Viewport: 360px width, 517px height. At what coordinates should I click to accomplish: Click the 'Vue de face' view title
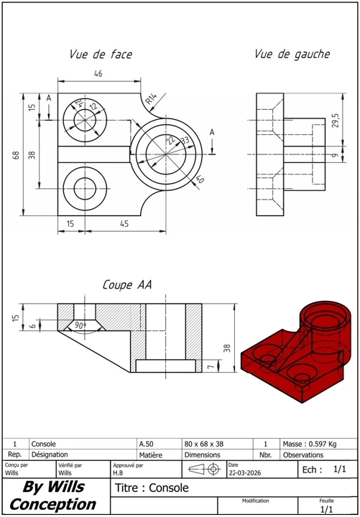tap(101, 55)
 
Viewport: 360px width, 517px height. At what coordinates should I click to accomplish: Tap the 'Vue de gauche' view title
tap(292, 55)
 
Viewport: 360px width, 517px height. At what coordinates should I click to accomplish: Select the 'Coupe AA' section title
tap(127, 284)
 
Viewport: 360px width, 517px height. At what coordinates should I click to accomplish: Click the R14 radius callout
tap(152, 98)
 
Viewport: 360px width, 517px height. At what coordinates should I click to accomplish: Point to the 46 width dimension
tap(98, 73)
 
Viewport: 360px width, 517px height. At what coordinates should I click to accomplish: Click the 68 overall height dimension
tap(16, 155)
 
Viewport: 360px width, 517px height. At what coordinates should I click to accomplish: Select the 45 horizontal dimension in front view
tap(124, 224)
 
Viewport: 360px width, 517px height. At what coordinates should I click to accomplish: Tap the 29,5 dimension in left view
tap(336, 119)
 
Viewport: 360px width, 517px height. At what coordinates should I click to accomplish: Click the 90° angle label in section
tap(80, 325)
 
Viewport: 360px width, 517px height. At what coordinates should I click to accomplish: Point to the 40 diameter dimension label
tap(198, 180)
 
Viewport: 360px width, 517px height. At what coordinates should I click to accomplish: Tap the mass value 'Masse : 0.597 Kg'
tap(310, 444)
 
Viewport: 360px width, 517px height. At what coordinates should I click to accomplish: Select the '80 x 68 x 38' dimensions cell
tap(204, 444)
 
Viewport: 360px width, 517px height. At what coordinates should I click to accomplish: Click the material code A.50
tap(146, 444)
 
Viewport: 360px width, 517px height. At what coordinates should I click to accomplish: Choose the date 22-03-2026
tap(244, 472)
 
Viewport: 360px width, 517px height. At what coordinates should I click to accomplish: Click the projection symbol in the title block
tap(205, 469)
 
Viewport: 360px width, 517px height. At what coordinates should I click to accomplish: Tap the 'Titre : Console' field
tap(152, 488)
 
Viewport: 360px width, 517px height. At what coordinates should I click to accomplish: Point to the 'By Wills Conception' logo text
tap(53, 495)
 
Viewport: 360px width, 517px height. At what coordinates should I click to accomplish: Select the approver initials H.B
tap(118, 472)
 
